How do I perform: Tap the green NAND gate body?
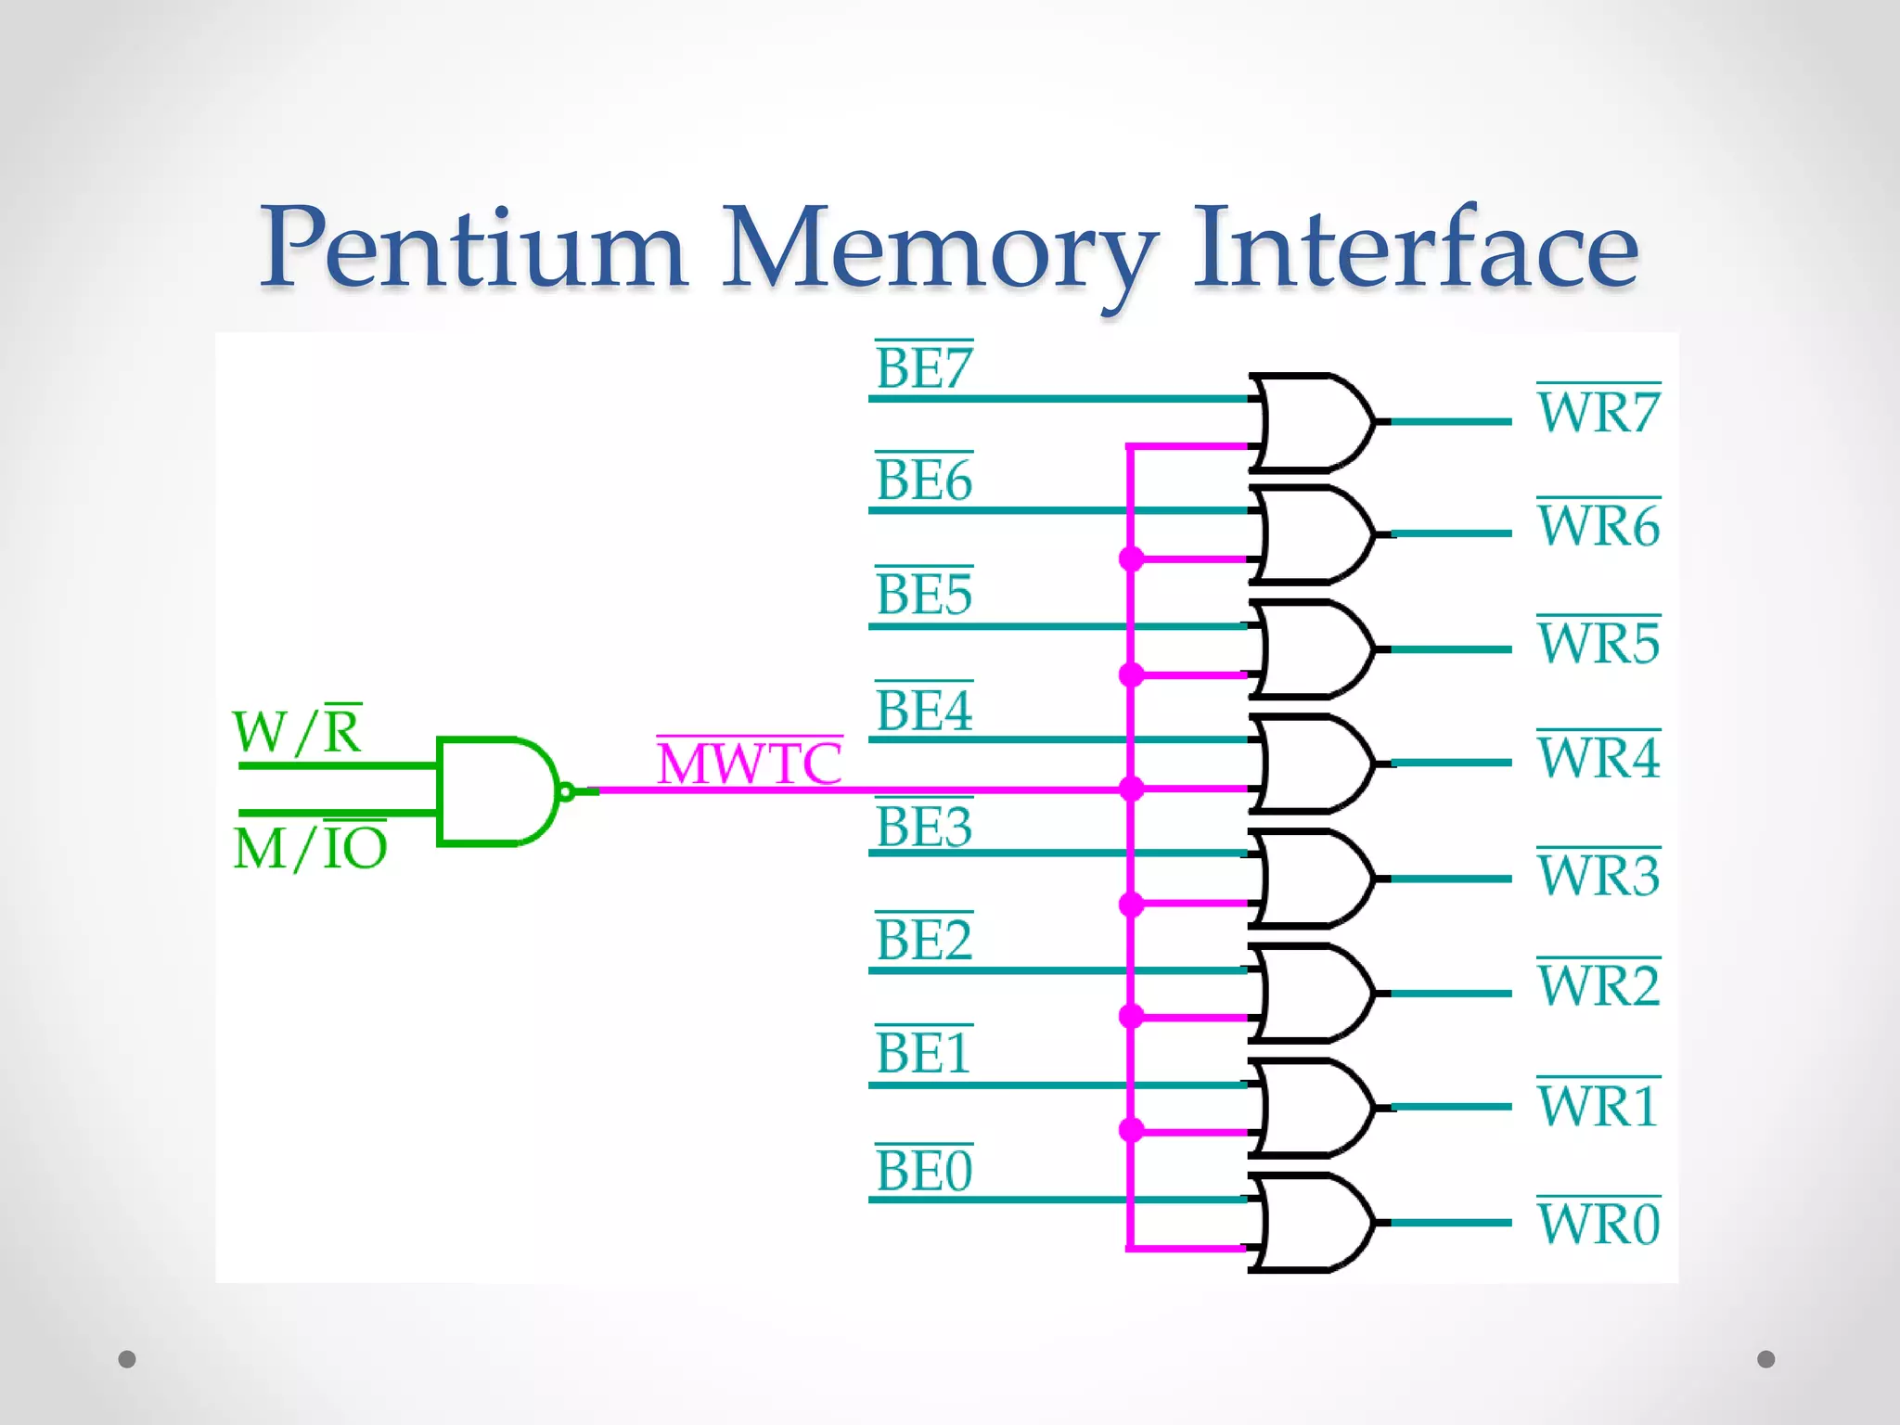pos(492,791)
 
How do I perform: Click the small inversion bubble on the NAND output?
pos(566,791)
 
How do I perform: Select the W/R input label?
pos(297,731)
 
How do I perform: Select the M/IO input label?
pos(310,847)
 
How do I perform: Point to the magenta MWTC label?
pos(750,764)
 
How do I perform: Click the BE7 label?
pos(924,368)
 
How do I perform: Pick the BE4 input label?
pos(924,711)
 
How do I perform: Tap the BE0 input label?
pos(924,1170)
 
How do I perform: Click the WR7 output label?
pos(1598,412)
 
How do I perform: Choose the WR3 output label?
pos(1598,875)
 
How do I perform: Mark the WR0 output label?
pos(1598,1223)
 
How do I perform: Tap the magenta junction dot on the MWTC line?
pos(1131,790)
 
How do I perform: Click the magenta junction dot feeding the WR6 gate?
pos(1131,559)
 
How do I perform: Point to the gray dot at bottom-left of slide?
pos(127,1359)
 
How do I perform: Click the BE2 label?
pos(924,940)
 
